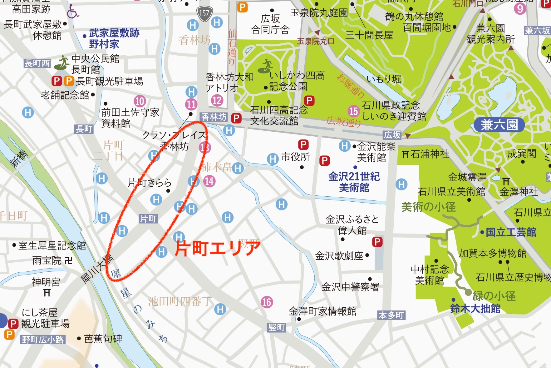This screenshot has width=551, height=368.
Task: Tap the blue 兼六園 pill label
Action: coord(499,125)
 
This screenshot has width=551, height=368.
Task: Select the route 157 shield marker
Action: coord(204,13)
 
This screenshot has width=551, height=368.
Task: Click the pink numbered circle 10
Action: coord(140,101)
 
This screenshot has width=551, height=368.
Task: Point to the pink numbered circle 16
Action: coord(267,302)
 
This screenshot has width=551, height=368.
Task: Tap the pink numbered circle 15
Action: coord(354,111)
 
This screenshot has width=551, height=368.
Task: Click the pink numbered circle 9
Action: coord(520,8)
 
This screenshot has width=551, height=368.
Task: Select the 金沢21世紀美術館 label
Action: coord(354,182)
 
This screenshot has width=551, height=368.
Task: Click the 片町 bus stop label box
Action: coord(148,219)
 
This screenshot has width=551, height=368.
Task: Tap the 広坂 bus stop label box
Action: coord(392,135)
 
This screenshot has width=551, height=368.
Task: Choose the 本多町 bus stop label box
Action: coord(391,315)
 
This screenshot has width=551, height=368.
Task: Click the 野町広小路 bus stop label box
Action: coord(43,340)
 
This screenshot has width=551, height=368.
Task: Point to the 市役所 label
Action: coord(295,157)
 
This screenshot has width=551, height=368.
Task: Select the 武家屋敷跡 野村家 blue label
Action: coord(114,38)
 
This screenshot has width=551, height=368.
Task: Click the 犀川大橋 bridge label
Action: coord(97,269)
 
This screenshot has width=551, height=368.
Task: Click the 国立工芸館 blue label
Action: coord(511,232)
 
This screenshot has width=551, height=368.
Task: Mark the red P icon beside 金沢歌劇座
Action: coord(377,242)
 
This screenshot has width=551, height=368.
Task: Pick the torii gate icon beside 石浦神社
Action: coord(405,154)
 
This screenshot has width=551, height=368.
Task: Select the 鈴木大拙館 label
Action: coord(475,309)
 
